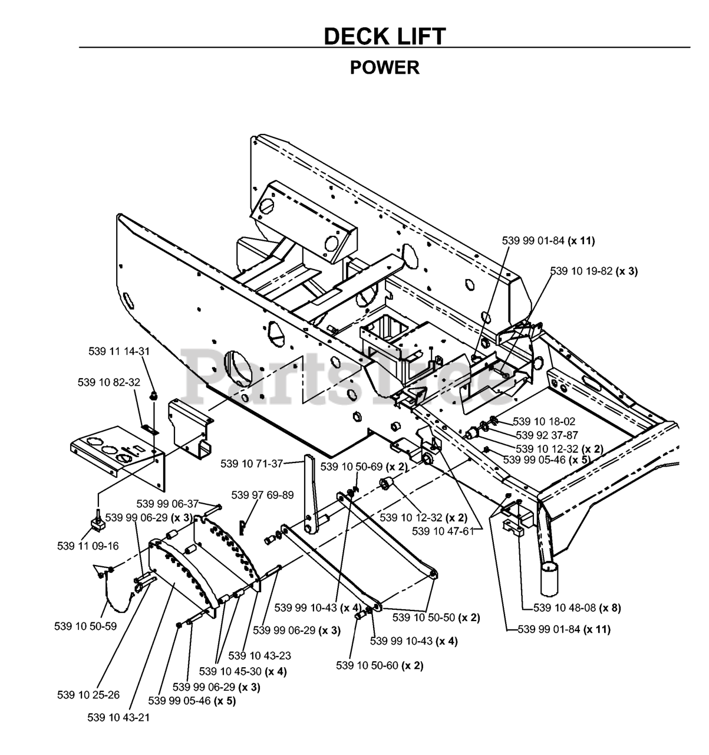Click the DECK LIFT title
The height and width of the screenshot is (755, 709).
tap(384, 37)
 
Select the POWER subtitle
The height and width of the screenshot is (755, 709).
tap(384, 68)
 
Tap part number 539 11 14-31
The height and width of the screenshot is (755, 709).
tap(119, 352)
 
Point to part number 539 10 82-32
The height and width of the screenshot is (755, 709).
tap(109, 382)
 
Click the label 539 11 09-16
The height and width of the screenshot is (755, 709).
tap(88, 546)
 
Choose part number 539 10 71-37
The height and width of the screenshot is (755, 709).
tap(252, 464)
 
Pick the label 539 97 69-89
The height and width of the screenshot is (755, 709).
tap(262, 495)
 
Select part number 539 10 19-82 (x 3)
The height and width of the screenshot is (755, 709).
tap(594, 271)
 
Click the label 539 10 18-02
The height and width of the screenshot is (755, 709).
tap(544, 421)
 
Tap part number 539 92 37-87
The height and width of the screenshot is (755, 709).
tap(547, 435)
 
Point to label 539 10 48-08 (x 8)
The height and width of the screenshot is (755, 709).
tap(577, 608)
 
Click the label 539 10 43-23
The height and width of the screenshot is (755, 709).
tap(259, 655)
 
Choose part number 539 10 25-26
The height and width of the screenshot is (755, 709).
tap(88, 695)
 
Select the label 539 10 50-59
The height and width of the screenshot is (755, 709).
tap(85, 626)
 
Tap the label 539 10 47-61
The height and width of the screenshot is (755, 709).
tap(443, 531)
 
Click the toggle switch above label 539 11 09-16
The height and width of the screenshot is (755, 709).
tap(97, 523)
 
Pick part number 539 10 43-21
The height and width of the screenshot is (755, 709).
tap(118, 717)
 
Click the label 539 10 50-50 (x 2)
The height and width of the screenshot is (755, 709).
tap(436, 618)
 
